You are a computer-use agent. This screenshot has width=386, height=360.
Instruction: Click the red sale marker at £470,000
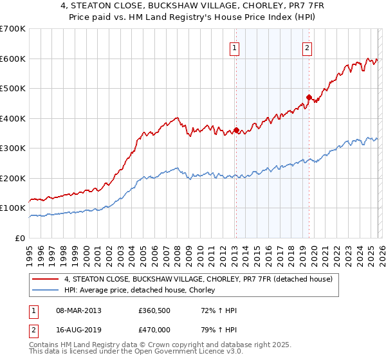click(x=309, y=98)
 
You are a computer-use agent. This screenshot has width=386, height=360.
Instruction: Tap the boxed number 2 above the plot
click(x=308, y=47)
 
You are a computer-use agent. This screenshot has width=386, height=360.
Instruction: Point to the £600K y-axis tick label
click(x=12, y=59)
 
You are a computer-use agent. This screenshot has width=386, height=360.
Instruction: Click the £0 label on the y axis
click(x=19, y=238)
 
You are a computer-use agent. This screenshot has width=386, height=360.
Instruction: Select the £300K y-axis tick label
click(x=12, y=148)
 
